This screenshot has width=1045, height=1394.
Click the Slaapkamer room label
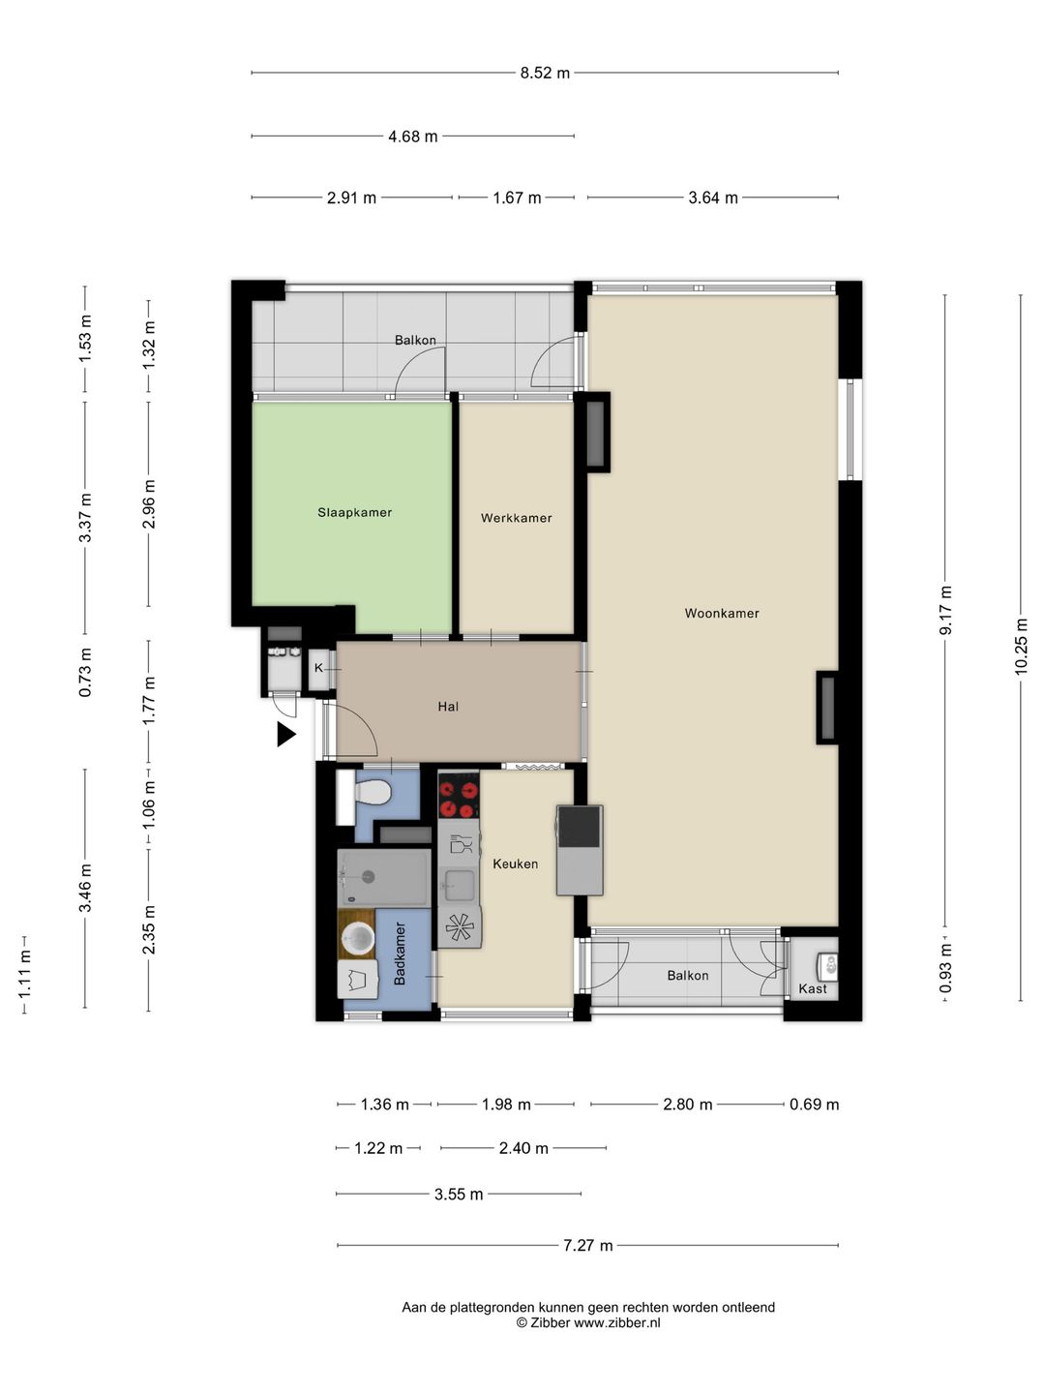[355, 512]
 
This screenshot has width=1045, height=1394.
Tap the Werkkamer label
[516, 518]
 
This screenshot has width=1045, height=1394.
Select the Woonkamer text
[722, 614]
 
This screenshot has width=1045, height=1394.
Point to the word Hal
[448, 707]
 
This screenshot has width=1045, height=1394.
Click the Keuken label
[515, 864]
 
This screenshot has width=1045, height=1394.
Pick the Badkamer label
[399, 954]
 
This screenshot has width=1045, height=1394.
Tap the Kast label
[813, 988]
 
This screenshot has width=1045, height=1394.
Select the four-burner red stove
[459, 796]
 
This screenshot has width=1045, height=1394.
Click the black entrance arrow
[286, 734]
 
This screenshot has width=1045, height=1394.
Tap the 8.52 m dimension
[545, 73]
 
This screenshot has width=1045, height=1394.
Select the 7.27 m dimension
[588, 1245]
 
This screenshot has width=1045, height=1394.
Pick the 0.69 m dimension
[814, 1105]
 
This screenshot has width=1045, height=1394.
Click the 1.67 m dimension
[517, 198]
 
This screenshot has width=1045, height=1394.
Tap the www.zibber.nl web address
[617, 1323]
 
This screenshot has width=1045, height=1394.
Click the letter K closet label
[318, 668]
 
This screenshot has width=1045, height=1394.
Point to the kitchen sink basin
[459, 885]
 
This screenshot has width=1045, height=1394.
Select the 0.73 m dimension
[85, 672]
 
